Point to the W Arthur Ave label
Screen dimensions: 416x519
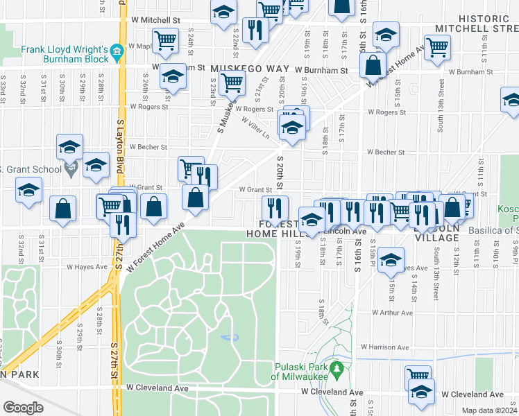click(x=392, y=313)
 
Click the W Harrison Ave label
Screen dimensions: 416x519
click(x=384, y=347)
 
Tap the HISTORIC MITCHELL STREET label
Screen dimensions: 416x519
click(x=476, y=24)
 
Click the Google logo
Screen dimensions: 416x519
click(x=23, y=408)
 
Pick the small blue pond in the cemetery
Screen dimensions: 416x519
click(x=230, y=338)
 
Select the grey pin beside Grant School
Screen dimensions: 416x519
click(x=69, y=168)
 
